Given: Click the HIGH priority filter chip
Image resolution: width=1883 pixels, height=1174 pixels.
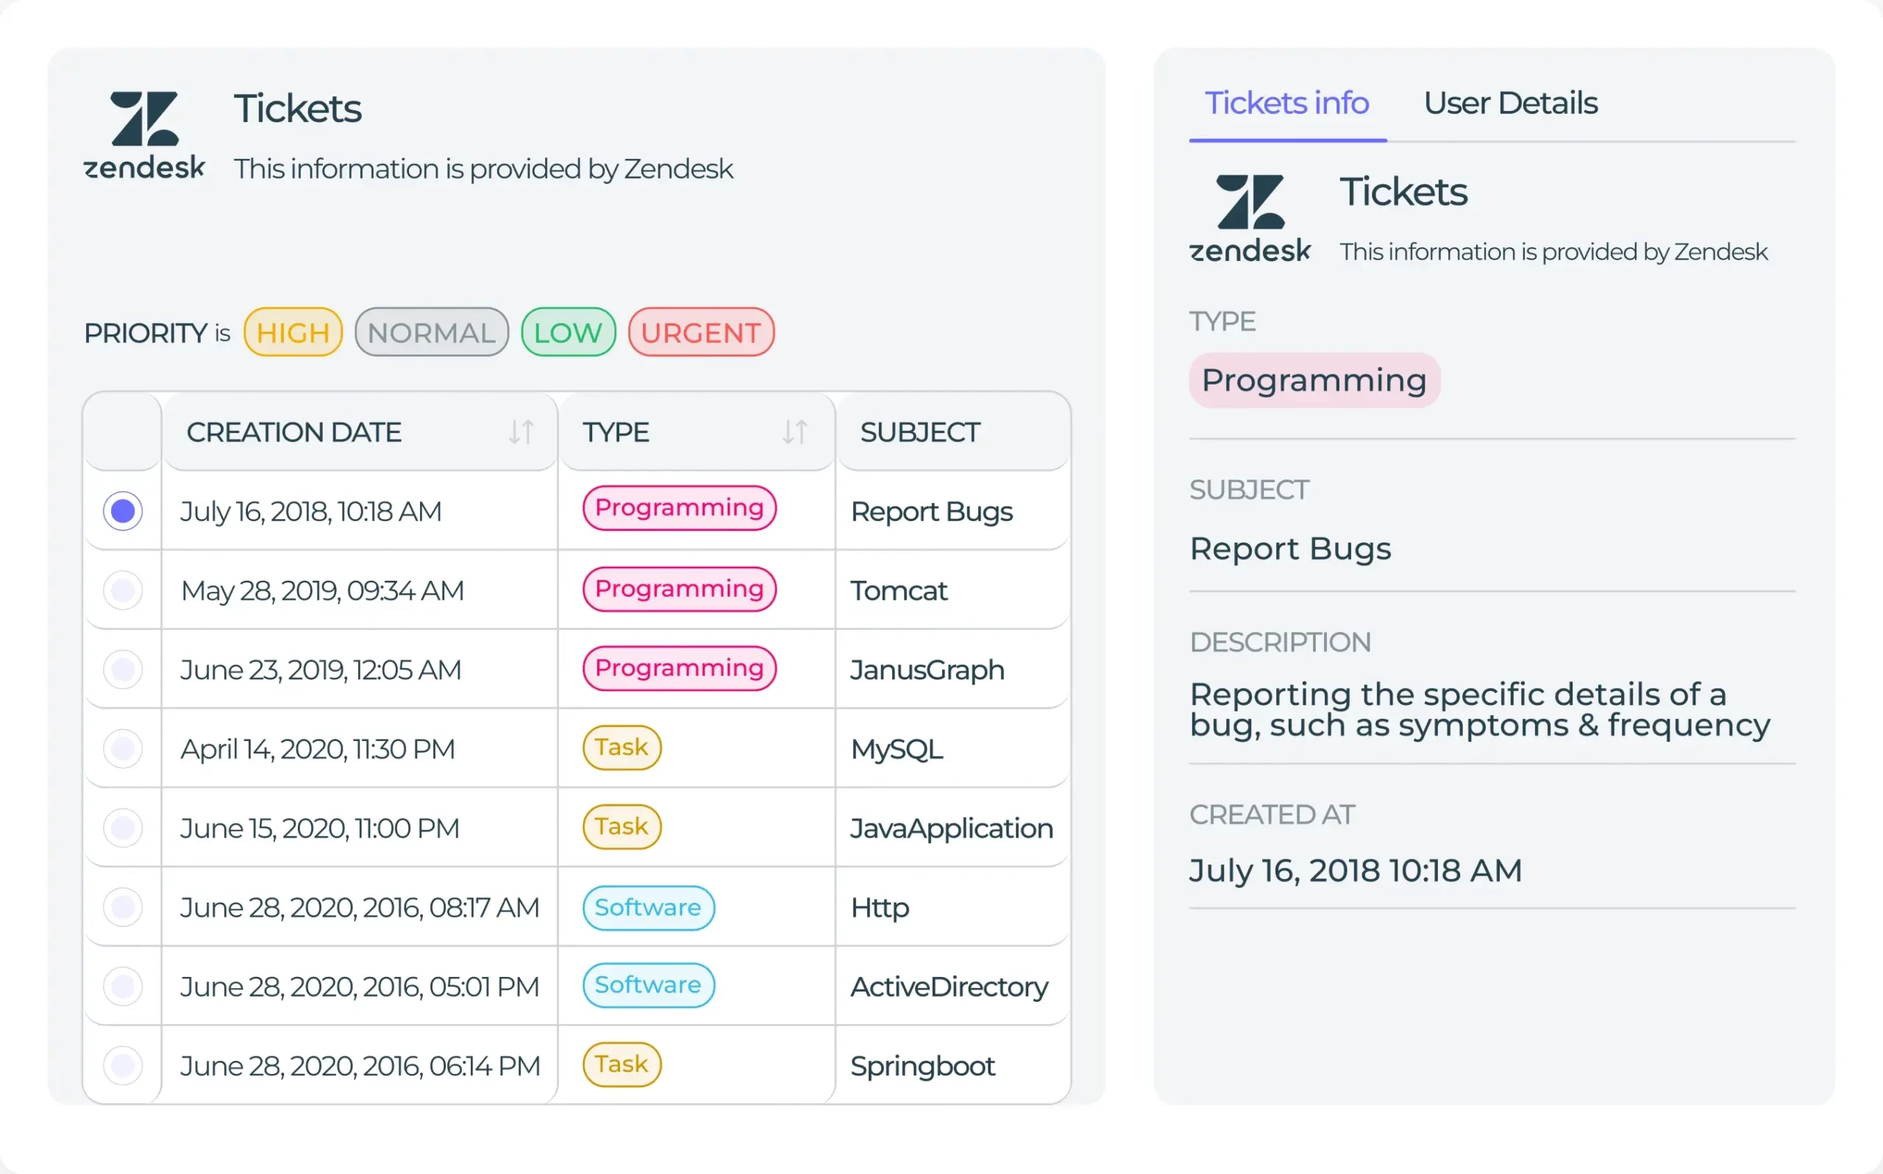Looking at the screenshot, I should tap(293, 332).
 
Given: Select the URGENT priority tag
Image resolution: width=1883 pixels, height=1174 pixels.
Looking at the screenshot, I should tap(701, 332).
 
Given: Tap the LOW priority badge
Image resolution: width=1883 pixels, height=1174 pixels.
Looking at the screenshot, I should tap(568, 332).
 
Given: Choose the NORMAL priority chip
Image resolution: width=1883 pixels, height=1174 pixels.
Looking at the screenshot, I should tap(431, 332).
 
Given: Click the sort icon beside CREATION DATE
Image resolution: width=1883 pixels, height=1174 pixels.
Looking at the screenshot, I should tap(522, 432).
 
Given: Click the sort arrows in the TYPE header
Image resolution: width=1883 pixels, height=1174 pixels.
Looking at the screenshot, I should tap(794, 432).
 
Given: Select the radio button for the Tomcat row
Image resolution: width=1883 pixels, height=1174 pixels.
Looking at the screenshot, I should tap(123, 591).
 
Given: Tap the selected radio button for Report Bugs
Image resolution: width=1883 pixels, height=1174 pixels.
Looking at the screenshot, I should tap(123, 511).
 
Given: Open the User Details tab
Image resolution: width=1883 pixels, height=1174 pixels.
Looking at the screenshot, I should tap(1510, 103).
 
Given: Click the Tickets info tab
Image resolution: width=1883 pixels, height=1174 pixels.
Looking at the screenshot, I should tap(1286, 103).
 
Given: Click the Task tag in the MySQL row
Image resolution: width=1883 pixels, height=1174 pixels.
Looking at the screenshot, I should tap(622, 747).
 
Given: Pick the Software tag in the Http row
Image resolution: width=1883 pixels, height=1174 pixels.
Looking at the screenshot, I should tap(648, 907).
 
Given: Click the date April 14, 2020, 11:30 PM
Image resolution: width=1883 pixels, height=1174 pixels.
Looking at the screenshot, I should tap(318, 749).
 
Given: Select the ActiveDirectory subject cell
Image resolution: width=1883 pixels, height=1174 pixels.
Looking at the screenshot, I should tap(949, 987).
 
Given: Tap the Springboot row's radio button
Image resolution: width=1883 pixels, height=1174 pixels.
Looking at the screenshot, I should tap(123, 1065).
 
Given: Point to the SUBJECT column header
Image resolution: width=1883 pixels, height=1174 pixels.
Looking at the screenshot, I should tap(919, 432).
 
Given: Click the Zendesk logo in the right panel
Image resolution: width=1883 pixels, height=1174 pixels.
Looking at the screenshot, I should tap(1250, 218).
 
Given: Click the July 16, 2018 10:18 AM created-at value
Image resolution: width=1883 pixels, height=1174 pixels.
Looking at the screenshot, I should tap(1356, 870).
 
